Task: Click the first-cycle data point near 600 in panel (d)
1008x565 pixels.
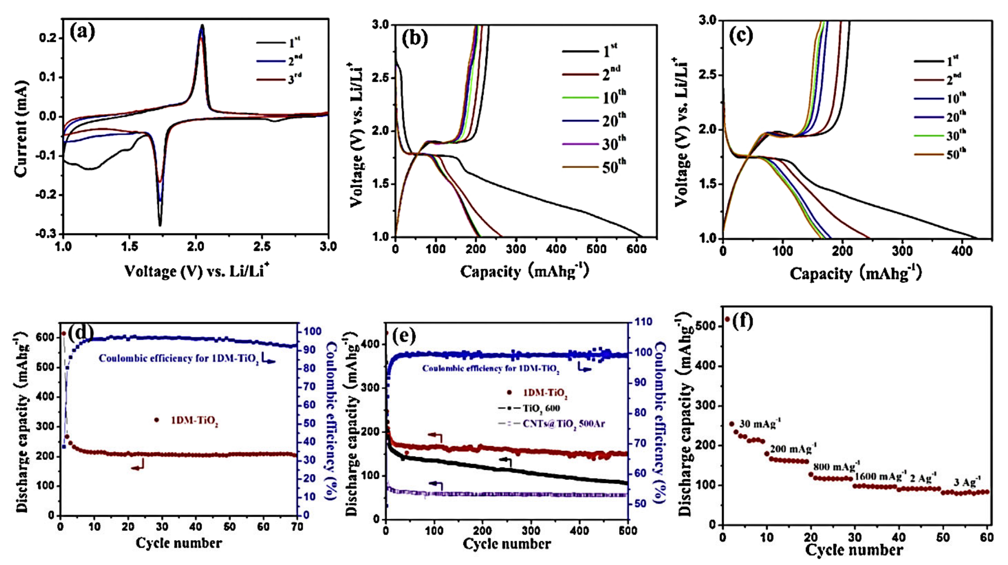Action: coord(63,333)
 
